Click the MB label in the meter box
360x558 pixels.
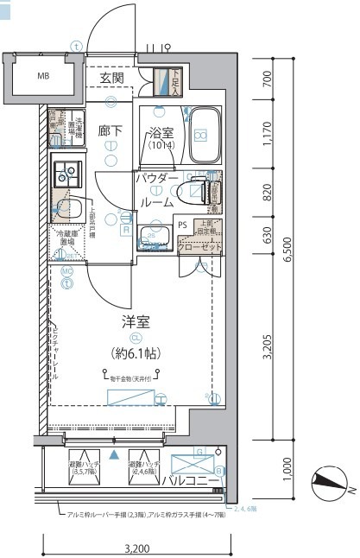coord(43,76)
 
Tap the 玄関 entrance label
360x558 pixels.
coord(111,79)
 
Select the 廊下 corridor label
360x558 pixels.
coord(111,131)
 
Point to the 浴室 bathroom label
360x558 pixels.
coord(161,136)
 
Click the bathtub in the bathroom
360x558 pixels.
coord(204,135)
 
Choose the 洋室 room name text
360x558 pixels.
coord(136,323)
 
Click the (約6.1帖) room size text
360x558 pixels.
coord(136,352)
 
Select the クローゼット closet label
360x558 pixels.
coord(199,248)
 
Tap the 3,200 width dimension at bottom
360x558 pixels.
coord(137,548)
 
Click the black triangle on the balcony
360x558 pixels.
coord(113,453)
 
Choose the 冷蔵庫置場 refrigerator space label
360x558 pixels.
coord(67,238)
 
